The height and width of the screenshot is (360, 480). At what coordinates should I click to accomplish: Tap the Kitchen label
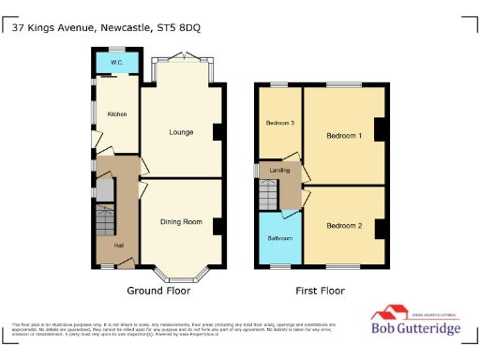[116, 114]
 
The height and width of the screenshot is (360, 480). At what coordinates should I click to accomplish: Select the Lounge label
[181, 132]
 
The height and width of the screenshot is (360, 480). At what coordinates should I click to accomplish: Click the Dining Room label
[181, 222]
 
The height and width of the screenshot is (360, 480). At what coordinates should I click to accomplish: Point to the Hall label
[118, 246]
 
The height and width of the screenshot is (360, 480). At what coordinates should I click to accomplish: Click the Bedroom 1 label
[344, 136]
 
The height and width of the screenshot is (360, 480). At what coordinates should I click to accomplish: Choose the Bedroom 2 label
[344, 226]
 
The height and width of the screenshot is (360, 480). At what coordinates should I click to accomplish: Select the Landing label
[280, 170]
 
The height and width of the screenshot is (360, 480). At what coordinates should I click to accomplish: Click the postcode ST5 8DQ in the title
[177, 27]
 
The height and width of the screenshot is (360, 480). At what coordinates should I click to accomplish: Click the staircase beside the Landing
[269, 196]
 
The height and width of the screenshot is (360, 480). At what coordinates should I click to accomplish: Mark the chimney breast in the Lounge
[217, 132]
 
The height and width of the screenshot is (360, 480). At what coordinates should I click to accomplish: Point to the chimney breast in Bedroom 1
[380, 130]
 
